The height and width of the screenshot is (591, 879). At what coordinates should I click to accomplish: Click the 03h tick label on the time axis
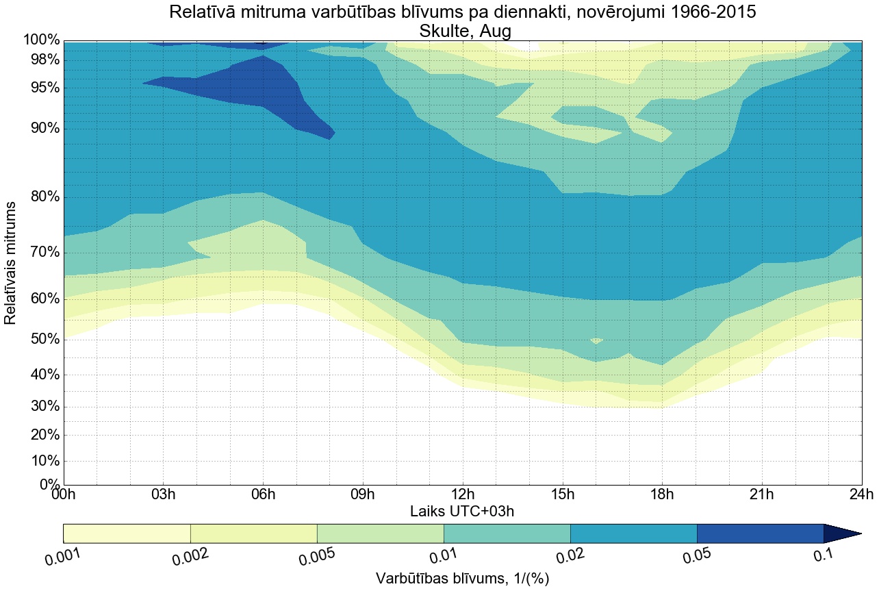[163, 494]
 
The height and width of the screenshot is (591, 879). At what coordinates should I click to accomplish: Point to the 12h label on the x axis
[463, 494]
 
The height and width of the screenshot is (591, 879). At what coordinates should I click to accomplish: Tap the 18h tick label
[662, 494]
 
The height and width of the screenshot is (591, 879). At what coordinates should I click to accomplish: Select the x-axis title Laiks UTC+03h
[462, 511]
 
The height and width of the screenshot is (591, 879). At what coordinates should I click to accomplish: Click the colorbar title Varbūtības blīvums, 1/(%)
[462, 578]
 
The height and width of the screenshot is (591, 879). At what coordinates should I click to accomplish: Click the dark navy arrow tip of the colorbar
[849, 533]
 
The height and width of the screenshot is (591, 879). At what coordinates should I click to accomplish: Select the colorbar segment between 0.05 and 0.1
[760, 533]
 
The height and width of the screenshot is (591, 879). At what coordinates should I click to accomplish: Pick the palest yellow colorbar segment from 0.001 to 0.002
[127, 533]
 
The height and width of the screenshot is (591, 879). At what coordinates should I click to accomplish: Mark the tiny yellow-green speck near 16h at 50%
[596, 340]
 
